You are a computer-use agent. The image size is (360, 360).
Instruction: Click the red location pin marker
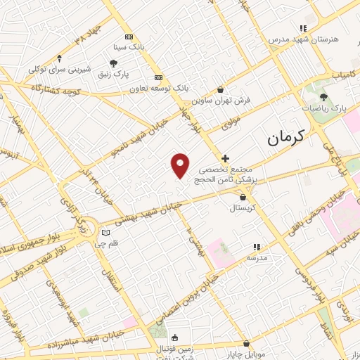point(181,165)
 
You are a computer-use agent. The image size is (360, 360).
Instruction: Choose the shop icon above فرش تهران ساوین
point(221,90)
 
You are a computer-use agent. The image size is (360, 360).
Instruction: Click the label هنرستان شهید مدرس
point(303,39)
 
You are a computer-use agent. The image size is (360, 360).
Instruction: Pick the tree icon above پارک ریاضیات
point(323,98)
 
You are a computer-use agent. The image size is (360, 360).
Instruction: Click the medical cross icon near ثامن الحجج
point(225,159)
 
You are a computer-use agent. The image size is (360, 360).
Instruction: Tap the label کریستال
point(243,209)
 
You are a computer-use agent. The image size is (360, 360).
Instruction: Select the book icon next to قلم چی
point(105,232)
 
